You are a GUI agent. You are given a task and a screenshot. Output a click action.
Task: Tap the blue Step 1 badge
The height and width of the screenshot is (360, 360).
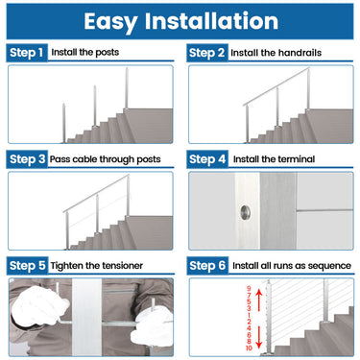click(26, 52)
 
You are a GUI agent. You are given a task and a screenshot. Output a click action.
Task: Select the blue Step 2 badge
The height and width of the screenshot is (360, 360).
click(206, 52)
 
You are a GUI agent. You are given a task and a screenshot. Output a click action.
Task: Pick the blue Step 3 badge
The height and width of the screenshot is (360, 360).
click(26, 158)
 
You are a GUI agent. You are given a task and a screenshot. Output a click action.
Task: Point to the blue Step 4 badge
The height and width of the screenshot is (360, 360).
click(206, 158)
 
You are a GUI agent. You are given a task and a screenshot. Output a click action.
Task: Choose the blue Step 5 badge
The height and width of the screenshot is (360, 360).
click(26, 264)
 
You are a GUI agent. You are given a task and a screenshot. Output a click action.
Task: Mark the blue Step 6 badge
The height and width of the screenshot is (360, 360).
click(206, 264)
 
